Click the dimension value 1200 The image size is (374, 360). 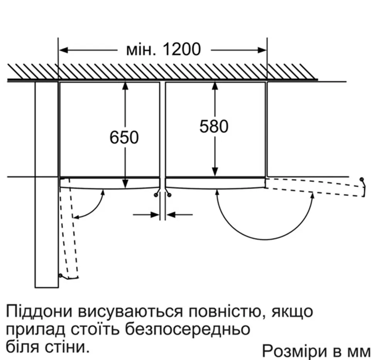pos(182,50)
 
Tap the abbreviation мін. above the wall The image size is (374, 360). pos(141,50)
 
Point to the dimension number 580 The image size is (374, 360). pos(214,126)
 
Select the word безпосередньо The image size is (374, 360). pos(188,329)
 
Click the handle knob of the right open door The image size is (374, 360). pos(362,179)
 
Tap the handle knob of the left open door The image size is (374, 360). pos(60,276)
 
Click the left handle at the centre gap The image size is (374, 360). pos(156,195)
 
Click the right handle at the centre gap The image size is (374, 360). pos(169,195)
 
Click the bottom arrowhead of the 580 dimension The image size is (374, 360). pos(215,172)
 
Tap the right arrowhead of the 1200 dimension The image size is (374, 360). pos(262,50)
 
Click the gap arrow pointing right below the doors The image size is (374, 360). pos(146,215)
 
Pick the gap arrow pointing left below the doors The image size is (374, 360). pos(179,215)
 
